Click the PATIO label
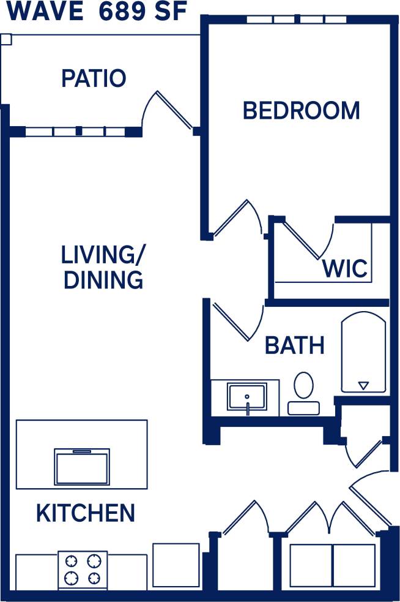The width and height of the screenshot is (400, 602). [x=94, y=78]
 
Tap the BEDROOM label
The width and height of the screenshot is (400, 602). [x=301, y=111]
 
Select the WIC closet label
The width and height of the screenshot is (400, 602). [x=345, y=268]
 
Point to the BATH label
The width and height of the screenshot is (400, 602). [x=294, y=345]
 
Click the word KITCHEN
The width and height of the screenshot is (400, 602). [x=86, y=513]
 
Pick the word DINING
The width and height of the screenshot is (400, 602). [x=103, y=280]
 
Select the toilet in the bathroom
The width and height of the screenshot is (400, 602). [x=303, y=392]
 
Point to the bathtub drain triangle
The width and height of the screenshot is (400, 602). [x=363, y=385]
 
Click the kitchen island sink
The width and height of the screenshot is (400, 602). [x=82, y=467]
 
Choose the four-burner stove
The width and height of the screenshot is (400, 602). [x=83, y=570]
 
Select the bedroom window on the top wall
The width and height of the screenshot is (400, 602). [x=297, y=20]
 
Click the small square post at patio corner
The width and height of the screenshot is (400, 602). [x=6, y=40]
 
